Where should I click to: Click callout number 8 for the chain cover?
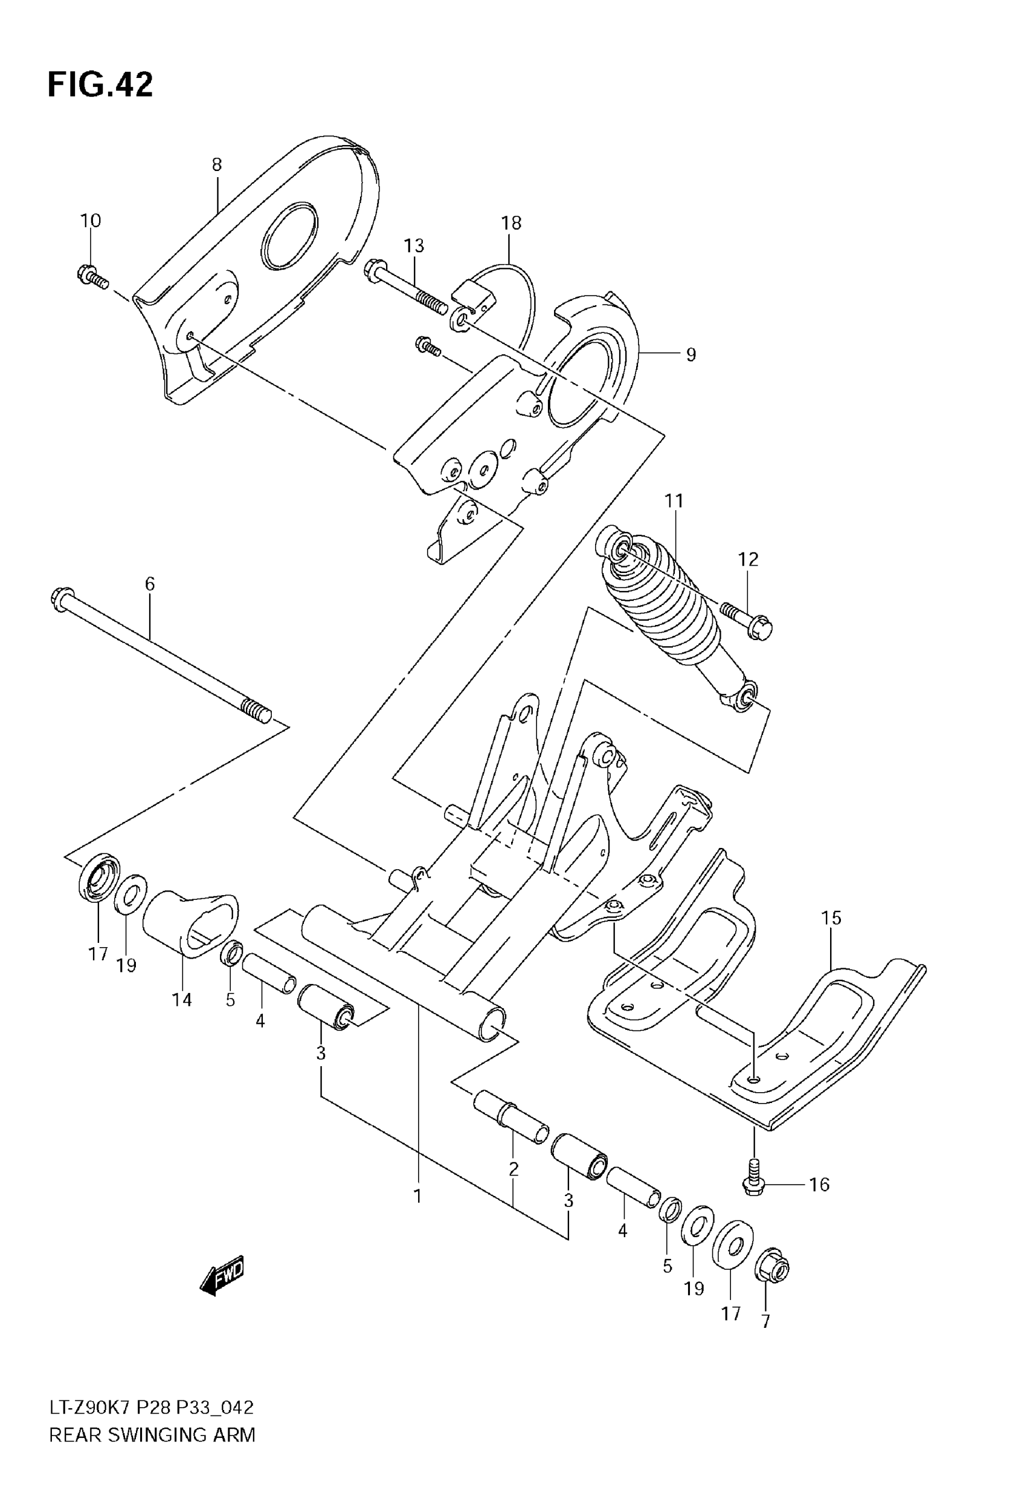click(217, 165)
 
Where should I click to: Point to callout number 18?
click(511, 224)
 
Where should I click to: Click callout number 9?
click(691, 355)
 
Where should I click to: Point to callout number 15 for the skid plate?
click(831, 918)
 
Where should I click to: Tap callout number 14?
click(182, 999)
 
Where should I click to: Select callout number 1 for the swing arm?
click(417, 1196)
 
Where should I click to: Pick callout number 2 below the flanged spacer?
click(513, 1169)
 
